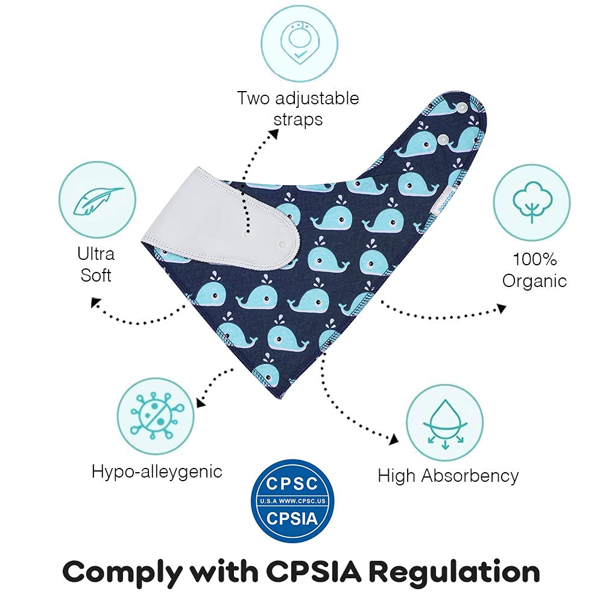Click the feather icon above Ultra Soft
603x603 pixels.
(97, 200)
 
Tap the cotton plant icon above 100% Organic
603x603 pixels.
(532, 203)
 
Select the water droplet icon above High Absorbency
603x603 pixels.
(445, 423)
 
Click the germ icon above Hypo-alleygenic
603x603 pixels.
(156, 416)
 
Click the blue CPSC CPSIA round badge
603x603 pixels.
(292, 500)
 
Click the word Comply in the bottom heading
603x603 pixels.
(122, 573)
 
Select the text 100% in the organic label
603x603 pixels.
(534, 259)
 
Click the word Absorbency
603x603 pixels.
(470, 476)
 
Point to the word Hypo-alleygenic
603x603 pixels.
(157, 472)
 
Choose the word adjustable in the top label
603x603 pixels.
(317, 99)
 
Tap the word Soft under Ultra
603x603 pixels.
(96, 276)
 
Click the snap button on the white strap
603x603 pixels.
(283, 244)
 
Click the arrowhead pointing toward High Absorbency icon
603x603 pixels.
(393, 440)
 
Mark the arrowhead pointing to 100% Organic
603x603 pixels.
(502, 308)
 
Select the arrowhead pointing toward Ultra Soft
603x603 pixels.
(95, 303)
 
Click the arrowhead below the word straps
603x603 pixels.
(273, 134)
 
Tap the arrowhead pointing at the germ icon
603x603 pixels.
(201, 402)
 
